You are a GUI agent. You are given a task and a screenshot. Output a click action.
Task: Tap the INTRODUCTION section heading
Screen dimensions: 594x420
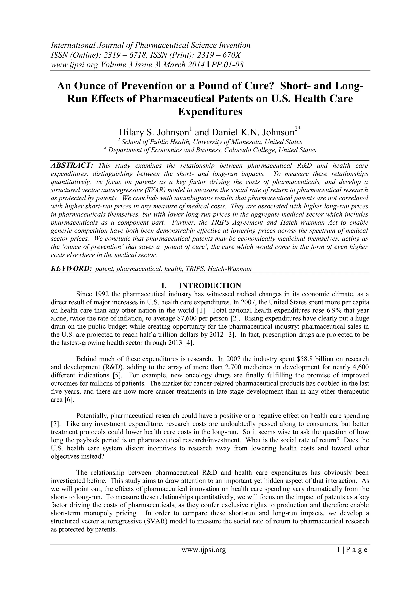click(210, 286)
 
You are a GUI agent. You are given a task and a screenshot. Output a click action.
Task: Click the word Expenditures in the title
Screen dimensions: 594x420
click(210, 112)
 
